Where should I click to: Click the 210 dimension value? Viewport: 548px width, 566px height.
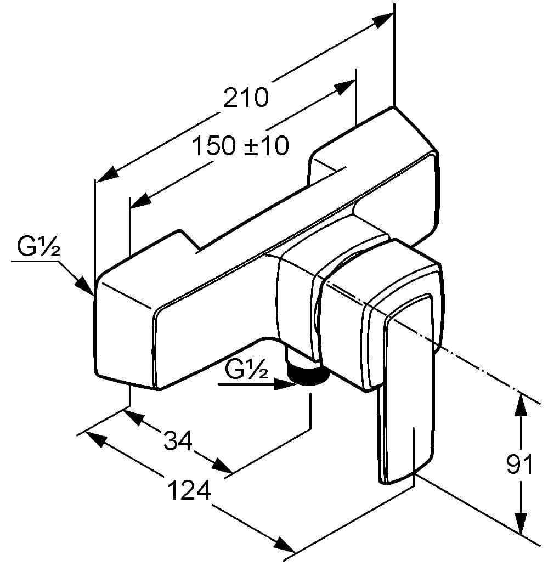246,98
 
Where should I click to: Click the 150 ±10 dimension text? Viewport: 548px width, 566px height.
241,146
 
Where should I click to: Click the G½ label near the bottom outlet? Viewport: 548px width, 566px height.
246,372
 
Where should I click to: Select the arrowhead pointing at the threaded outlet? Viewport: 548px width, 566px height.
285,385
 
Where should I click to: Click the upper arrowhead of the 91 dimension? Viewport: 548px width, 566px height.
520,404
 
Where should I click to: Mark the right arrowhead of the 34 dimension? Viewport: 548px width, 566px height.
222,466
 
